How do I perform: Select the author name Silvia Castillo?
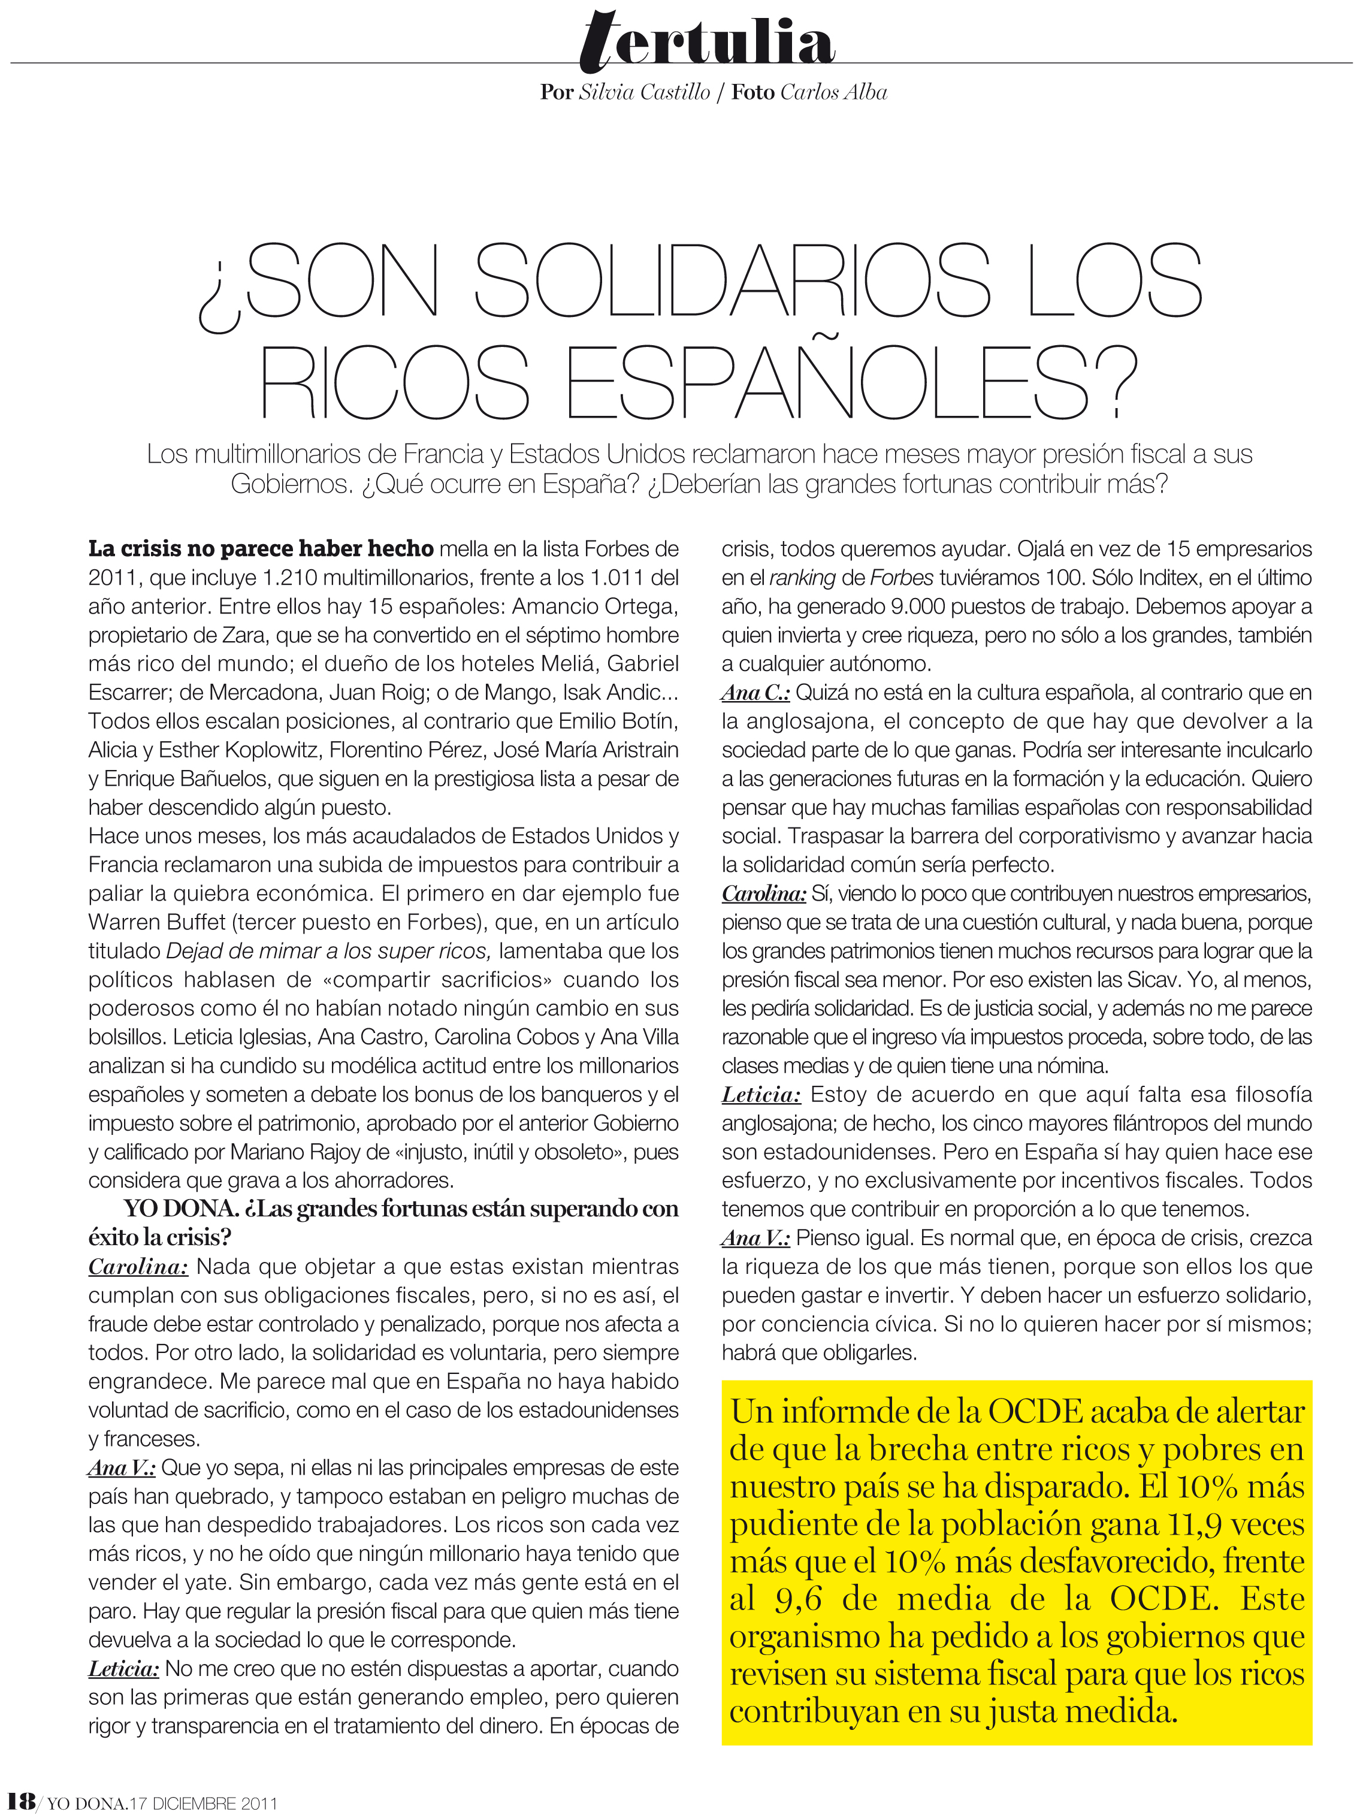644,93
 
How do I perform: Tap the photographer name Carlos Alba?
833,93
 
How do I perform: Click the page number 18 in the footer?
20,1801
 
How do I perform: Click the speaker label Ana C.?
755,693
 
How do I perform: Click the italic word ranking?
802,578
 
